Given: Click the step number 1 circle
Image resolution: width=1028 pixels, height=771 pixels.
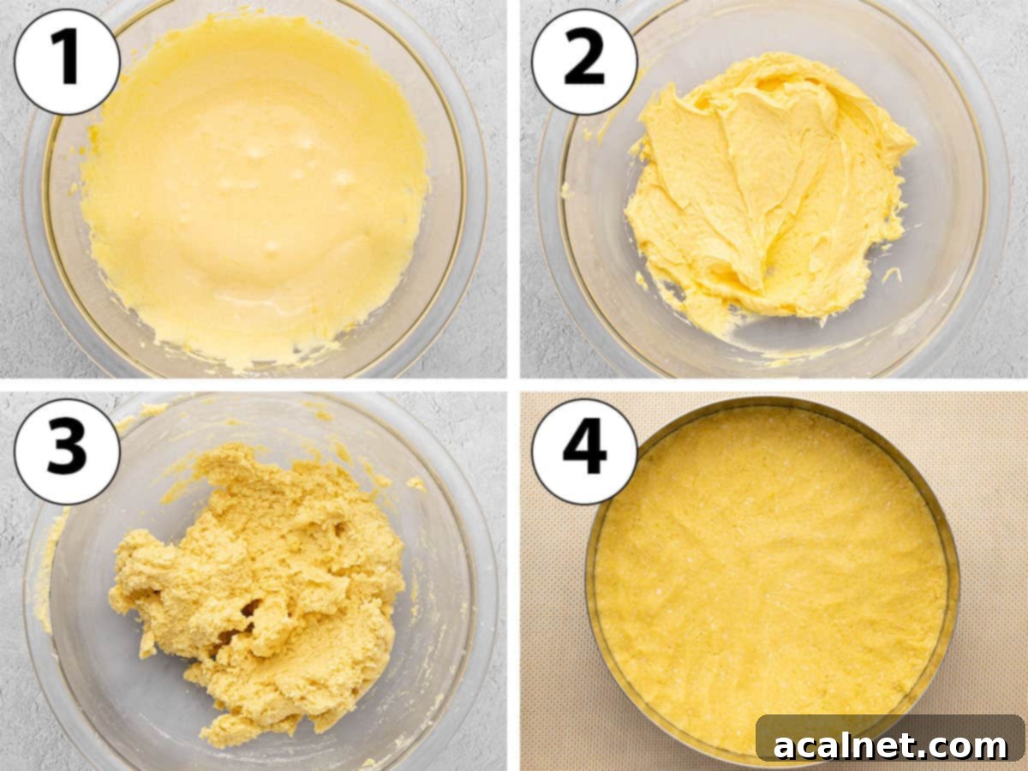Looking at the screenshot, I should tap(67, 62).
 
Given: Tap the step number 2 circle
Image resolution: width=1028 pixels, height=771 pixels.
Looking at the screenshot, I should tap(584, 62).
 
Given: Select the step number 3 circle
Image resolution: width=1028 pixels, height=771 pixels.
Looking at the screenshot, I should tap(67, 451).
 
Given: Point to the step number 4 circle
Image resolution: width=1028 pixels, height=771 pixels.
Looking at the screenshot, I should tap(584, 451).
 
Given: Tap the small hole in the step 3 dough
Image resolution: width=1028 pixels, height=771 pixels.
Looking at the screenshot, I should tap(251, 609).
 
